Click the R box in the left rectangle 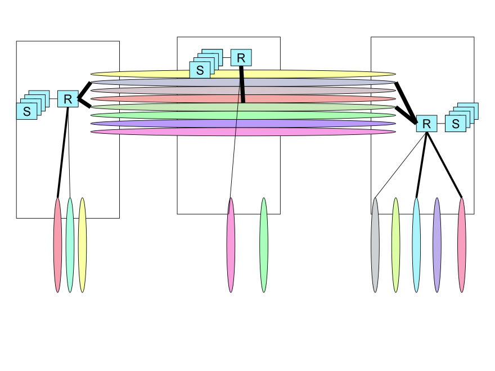click(x=68, y=99)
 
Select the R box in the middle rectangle click(x=241, y=57)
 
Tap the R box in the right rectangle click(x=426, y=124)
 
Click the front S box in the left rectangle click(x=26, y=111)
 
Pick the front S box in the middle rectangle click(x=200, y=70)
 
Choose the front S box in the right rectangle click(x=455, y=124)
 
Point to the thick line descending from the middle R click(x=242, y=84)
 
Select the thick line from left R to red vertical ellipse click(x=62, y=152)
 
